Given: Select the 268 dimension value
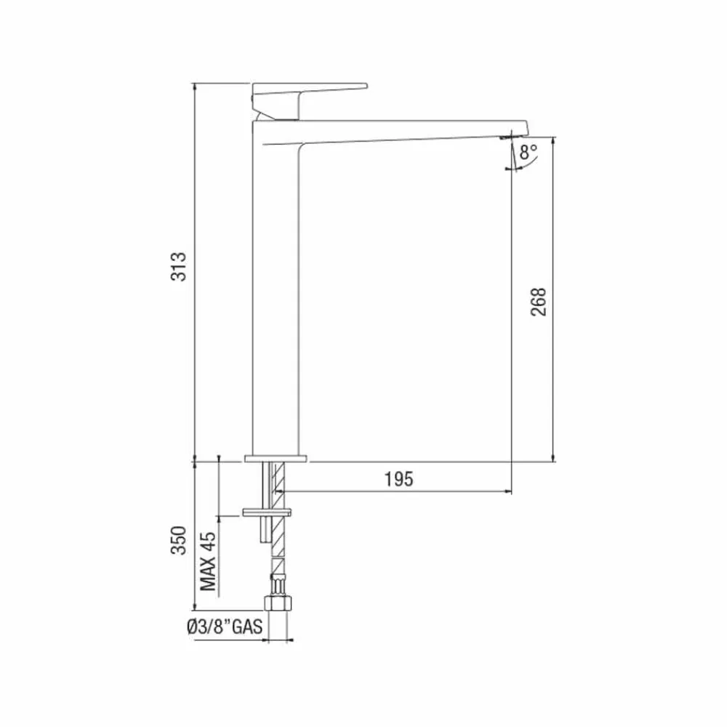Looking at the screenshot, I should tap(538, 301).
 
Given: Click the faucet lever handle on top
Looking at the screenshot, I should tap(309, 92).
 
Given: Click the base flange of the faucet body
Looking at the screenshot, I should tap(276, 459).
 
